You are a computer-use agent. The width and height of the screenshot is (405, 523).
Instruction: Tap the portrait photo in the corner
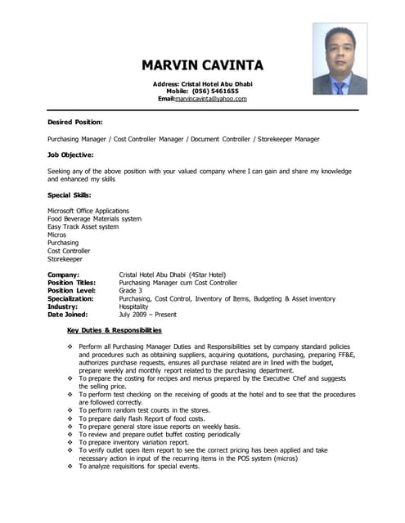point(340,59)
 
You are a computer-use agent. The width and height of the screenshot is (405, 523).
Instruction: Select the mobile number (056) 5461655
point(215,92)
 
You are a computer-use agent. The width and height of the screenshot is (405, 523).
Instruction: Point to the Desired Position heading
point(75,122)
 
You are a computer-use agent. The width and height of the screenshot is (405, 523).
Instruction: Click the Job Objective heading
point(70,154)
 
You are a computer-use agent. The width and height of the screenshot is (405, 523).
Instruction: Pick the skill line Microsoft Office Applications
point(88,211)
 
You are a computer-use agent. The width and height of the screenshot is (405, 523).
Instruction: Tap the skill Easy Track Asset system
point(83,227)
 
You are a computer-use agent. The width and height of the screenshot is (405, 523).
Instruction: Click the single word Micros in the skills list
point(57,235)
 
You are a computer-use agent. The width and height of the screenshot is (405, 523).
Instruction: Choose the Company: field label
point(64,275)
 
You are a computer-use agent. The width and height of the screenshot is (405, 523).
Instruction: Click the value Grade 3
point(131,290)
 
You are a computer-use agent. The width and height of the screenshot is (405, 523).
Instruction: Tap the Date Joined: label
point(70,315)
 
